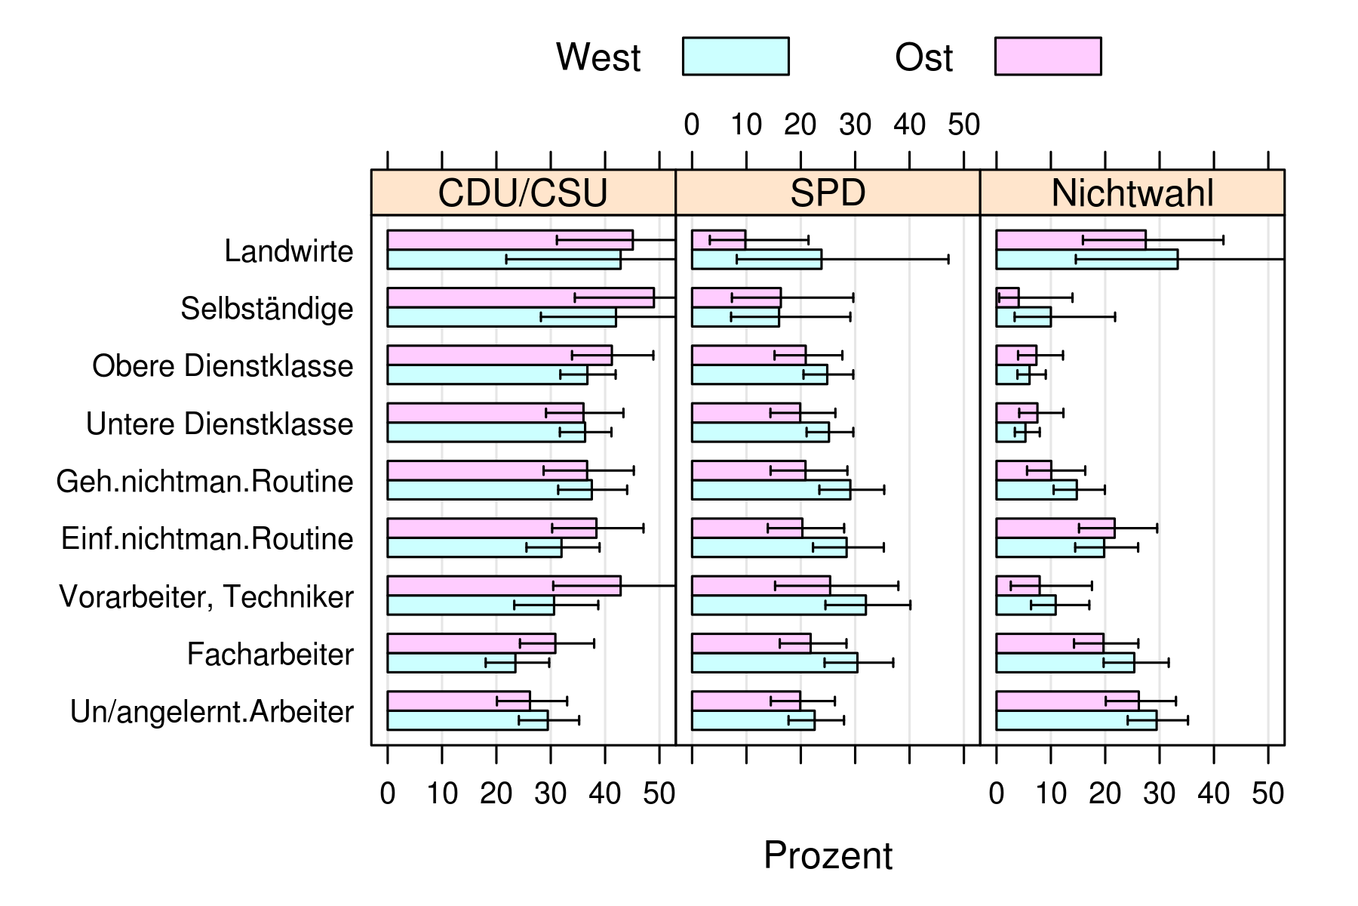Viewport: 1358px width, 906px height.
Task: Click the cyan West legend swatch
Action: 736,57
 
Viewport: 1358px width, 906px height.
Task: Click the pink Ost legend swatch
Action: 1047,57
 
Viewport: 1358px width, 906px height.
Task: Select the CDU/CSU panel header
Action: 523,193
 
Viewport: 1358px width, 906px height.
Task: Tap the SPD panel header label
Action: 828,193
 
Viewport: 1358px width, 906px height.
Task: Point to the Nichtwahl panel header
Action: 1132,193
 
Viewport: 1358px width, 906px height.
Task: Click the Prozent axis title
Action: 828,855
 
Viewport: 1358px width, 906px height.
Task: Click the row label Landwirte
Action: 288,251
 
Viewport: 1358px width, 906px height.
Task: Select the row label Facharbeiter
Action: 270,655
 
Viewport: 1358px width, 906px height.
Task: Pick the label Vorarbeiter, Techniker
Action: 206,597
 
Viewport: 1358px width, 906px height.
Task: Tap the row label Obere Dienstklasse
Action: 223,366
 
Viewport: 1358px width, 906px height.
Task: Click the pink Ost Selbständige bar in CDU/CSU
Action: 521,297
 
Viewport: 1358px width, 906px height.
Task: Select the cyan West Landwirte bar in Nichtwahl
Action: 1086,260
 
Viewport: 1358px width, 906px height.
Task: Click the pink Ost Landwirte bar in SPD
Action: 718,240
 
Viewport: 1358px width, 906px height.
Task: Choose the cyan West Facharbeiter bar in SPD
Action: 774,663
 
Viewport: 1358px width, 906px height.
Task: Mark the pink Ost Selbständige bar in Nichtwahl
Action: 1007,297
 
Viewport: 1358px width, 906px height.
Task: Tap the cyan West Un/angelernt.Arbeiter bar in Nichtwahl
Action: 1076,720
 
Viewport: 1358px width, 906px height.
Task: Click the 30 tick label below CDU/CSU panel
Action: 550,794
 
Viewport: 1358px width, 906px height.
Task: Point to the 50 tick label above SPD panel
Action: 963,125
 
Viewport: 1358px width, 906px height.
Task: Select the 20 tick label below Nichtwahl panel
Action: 1105,794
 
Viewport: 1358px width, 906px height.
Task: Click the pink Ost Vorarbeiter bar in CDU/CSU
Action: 504,586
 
